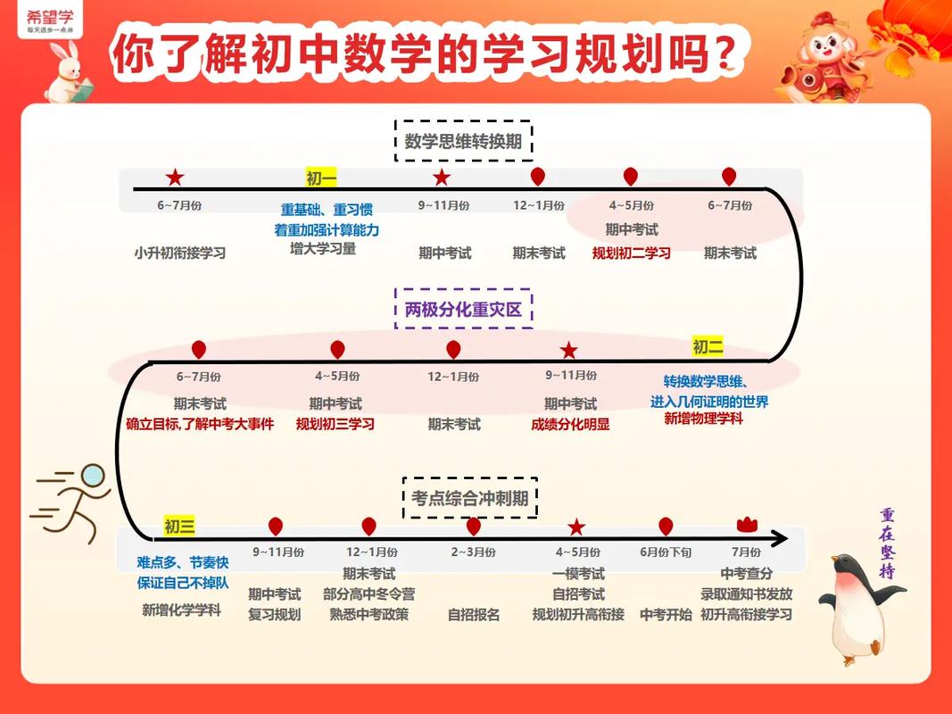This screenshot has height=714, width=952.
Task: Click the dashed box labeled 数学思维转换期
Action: pyautogui.click(x=463, y=141)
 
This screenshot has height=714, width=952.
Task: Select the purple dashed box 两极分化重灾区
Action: pyautogui.click(x=463, y=309)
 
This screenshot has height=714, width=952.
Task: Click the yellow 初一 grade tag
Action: pyautogui.click(x=321, y=178)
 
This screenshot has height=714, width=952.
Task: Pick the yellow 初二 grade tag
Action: pyautogui.click(x=708, y=347)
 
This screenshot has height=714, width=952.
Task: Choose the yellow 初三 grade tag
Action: pyautogui.click(x=179, y=527)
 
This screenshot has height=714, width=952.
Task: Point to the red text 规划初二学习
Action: pyautogui.click(x=631, y=253)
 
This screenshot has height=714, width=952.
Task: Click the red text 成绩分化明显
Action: pyautogui.click(x=570, y=424)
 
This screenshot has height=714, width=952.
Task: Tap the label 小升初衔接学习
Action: pyautogui.click(x=180, y=253)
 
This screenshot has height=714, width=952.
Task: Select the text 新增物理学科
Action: pyautogui.click(x=703, y=418)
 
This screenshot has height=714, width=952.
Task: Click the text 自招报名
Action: pyautogui.click(x=473, y=614)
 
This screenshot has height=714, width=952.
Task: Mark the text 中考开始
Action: pyautogui.click(x=666, y=614)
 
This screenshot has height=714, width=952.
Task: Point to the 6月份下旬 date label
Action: pyautogui.click(x=666, y=552)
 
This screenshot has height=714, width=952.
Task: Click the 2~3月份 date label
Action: pyautogui.click(x=473, y=552)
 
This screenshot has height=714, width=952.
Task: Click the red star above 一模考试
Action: pyautogui.click(x=576, y=527)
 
